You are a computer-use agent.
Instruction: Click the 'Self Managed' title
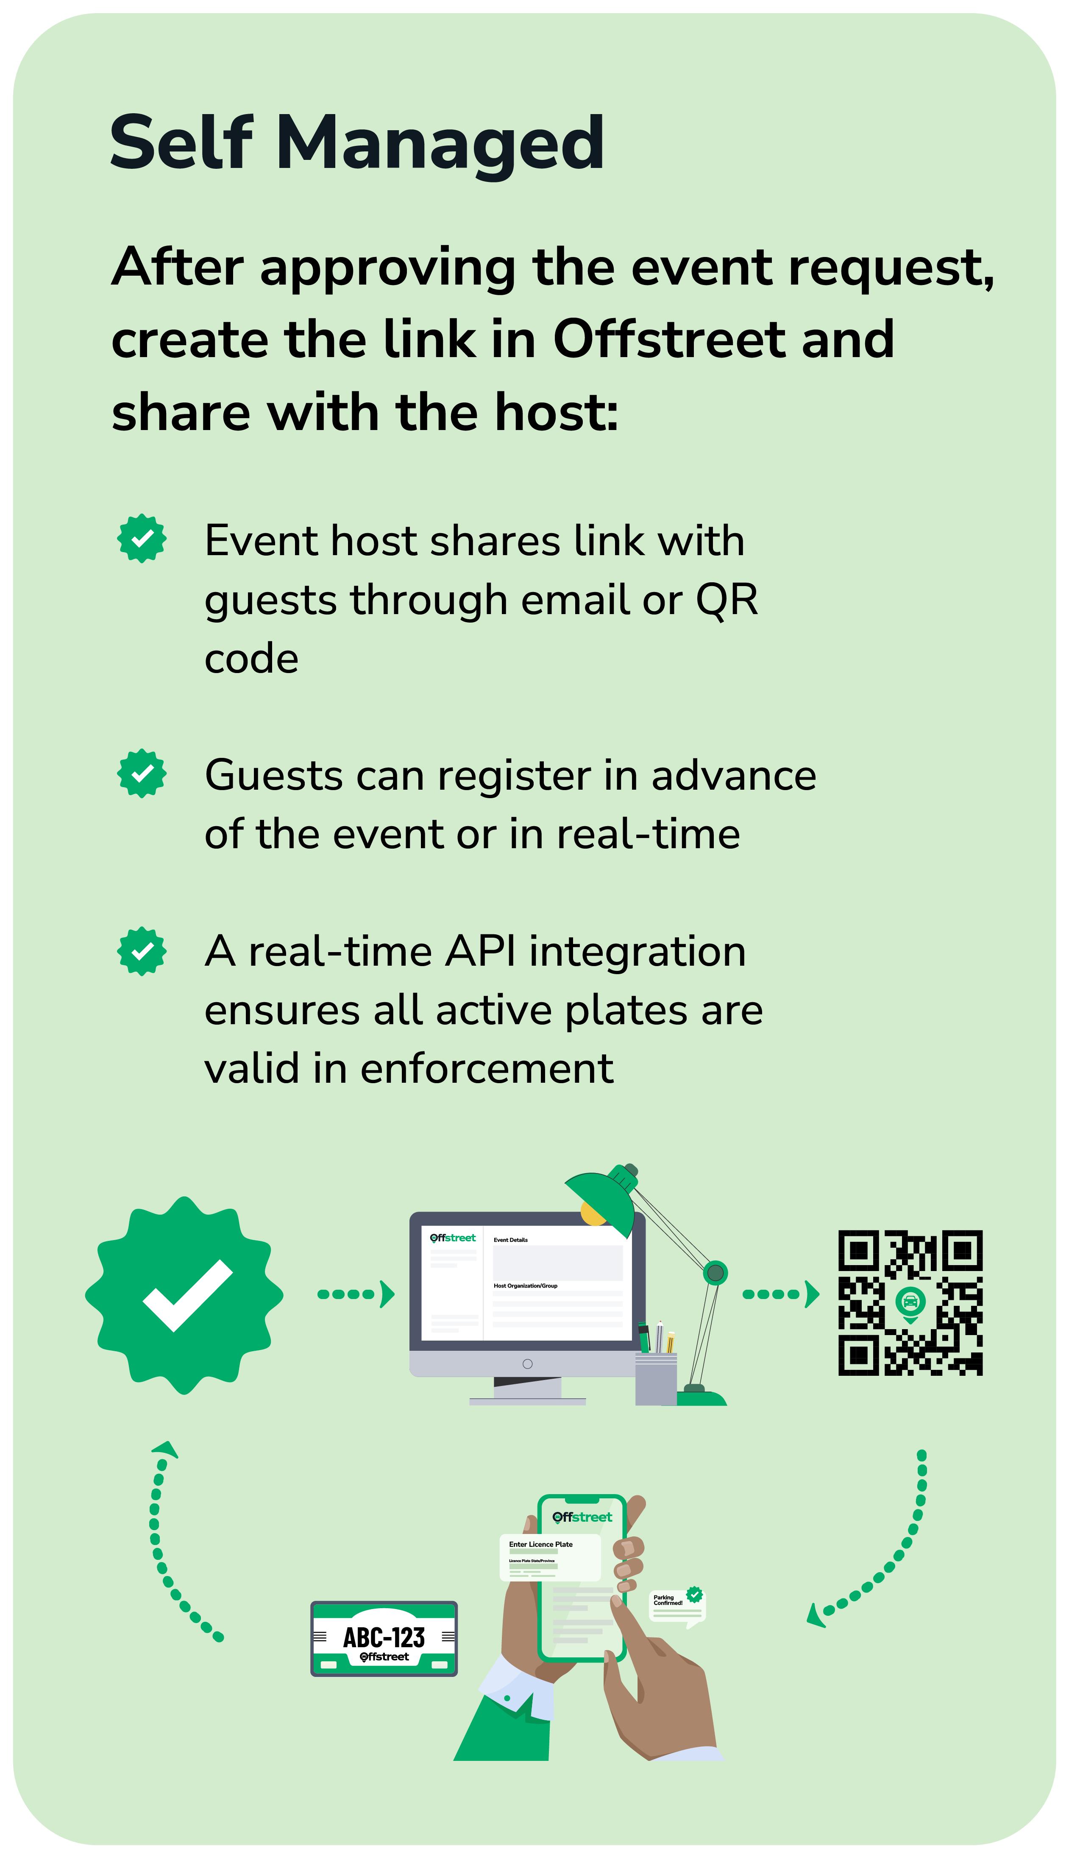[357, 143]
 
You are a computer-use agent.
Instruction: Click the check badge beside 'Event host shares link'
[142, 538]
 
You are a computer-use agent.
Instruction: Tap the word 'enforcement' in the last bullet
[486, 1069]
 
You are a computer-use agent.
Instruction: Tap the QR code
[910, 1302]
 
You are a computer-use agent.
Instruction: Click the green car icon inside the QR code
[910, 1302]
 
